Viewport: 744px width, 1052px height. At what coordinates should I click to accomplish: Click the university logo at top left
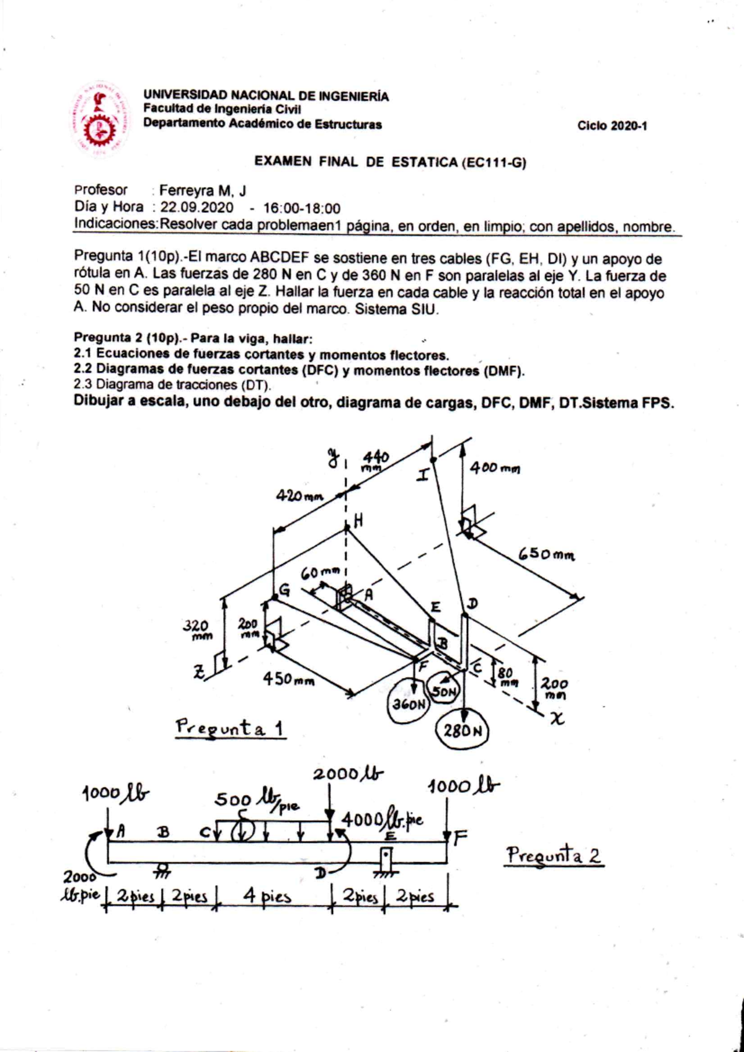[x=100, y=118]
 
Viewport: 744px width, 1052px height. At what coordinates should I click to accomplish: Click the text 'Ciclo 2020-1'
[x=612, y=126]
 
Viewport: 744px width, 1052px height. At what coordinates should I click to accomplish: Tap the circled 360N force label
[x=409, y=704]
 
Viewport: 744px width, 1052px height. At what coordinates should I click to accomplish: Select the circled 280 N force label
[x=463, y=730]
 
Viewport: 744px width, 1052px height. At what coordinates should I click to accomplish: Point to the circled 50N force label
[x=444, y=692]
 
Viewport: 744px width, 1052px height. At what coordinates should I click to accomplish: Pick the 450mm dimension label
[x=288, y=679]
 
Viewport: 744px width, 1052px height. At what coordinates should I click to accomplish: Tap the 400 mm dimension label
[x=495, y=468]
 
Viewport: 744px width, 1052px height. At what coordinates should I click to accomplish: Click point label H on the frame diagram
[x=358, y=521]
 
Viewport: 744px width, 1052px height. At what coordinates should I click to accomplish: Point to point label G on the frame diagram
[x=285, y=590]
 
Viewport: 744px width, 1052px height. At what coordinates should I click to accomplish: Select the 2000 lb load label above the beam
[x=348, y=774]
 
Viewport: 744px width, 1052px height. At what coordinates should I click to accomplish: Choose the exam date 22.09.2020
[x=197, y=208]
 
